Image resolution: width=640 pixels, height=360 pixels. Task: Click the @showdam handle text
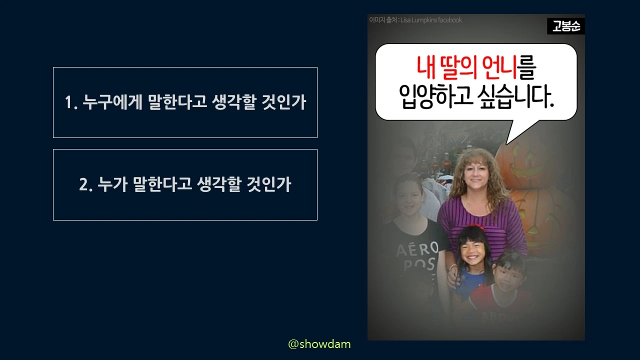pos(319,344)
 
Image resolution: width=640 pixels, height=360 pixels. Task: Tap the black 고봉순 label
pos(565,26)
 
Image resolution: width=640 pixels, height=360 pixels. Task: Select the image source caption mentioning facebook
pos(415,20)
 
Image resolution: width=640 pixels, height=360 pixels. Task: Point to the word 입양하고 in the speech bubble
pos(435,96)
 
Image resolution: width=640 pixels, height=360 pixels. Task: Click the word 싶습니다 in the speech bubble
pos(520,96)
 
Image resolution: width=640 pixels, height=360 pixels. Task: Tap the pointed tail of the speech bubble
pos(515,135)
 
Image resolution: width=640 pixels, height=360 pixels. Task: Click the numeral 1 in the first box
pos(69,103)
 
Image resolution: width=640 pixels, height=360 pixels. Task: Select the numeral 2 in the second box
pos(84,185)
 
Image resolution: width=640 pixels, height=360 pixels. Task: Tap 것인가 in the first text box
pos(283,102)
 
